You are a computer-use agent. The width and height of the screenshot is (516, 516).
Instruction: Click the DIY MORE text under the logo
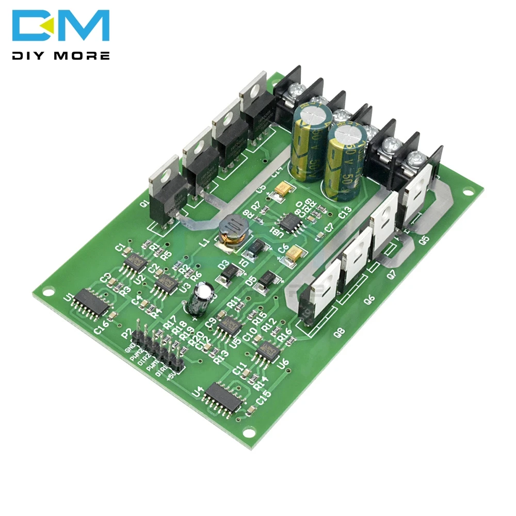[x=61, y=55]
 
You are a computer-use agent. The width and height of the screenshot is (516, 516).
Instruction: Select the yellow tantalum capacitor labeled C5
[x=283, y=190]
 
